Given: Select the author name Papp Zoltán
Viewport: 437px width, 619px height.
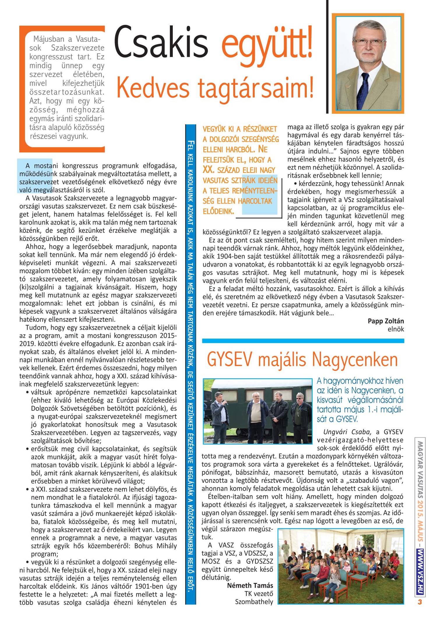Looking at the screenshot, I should tap(385, 321).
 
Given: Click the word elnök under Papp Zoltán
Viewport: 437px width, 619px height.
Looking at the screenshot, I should tap(396, 329).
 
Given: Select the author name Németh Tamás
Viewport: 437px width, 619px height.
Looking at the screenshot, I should tap(250, 585).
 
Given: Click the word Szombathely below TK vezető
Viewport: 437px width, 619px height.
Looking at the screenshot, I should tap(254, 602).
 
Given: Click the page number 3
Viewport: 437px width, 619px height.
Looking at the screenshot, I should tap(420, 602).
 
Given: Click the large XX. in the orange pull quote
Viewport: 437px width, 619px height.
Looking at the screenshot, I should tap(209, 170).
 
